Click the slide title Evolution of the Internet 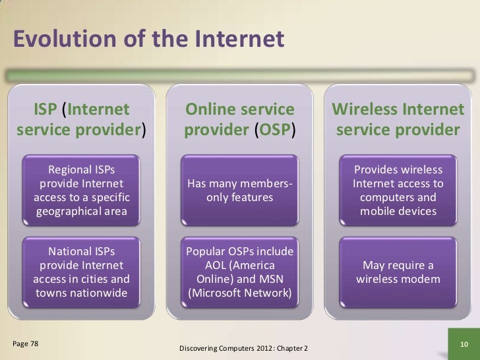(x=148, y=40)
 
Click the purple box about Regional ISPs (x=81, y=187)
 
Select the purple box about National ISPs (x=81, y=271)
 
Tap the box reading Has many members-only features (x=239, y=191)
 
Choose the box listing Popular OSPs (x=239, y=271)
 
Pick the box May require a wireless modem (x=398, y=272)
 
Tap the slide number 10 (x=462, y=345)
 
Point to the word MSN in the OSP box (x=270, y=278)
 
